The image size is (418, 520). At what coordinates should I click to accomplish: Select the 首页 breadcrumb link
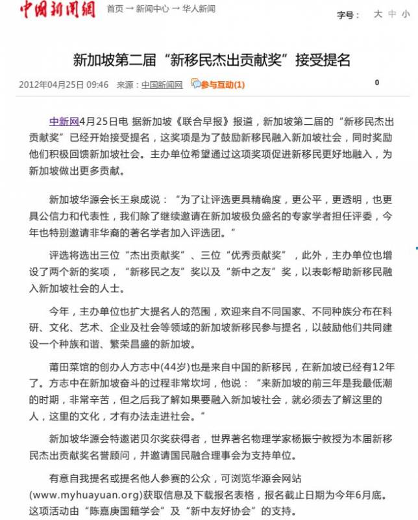pyautogui.click(x=115, y=9)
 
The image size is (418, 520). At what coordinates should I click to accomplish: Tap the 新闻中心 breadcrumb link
pyautogui.click(x=152, y=9)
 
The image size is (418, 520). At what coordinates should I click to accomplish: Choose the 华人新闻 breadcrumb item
pyautogui.click(x=198, y=9)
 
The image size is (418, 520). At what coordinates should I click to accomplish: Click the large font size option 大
pyautogui.click(x=378, y=14)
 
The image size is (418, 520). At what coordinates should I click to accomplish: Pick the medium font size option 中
pyautogui.click(x=392, y=14)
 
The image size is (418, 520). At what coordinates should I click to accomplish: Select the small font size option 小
pyautogui.click(x=406, y=14)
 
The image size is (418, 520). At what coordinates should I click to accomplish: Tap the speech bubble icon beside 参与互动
pyautogui.click(x=195, y=83)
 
